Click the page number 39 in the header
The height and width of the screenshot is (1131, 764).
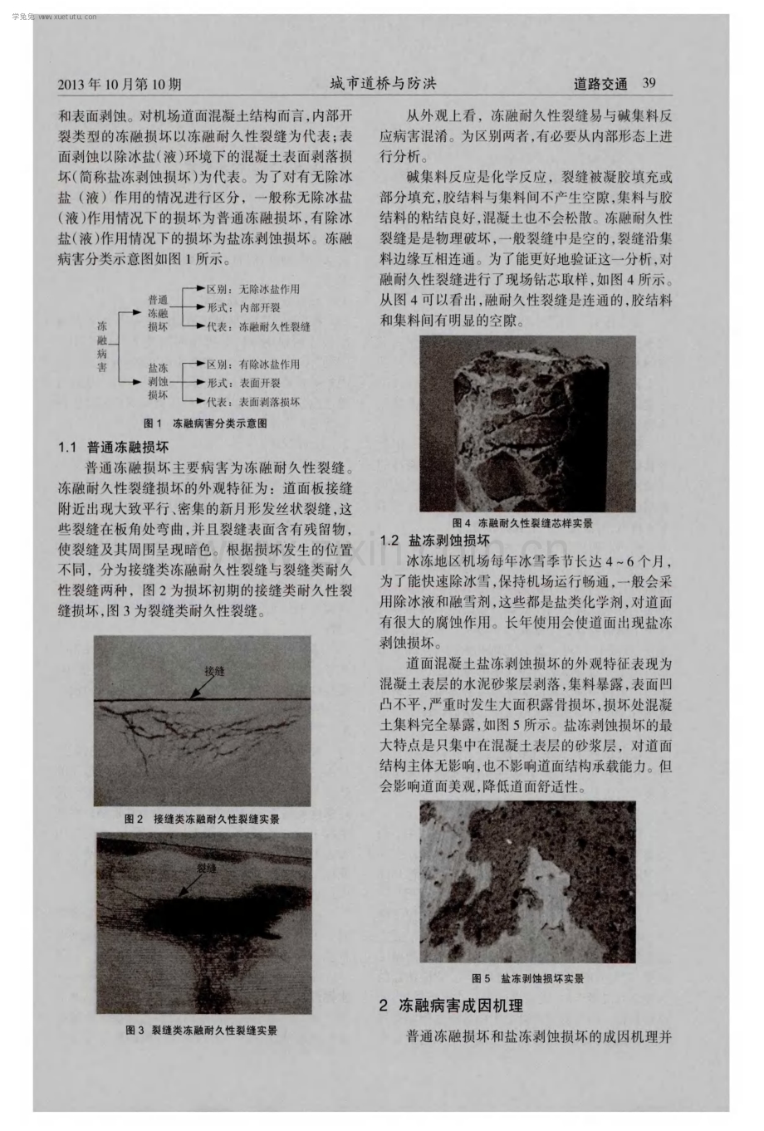pyautogui.click(x=649, y=83)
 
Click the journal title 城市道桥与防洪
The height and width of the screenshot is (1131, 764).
pyautogui.click(x=383, y=83)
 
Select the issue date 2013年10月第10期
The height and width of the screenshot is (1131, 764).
pyautogui.click(x=120, y=84)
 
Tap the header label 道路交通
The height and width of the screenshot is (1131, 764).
pyautogui.click(x=600, y=83)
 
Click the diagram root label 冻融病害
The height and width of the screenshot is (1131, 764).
pyautogui.click(x=102, y=346)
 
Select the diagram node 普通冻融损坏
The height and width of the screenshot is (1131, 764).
pyautogui.click(x=158, y=313)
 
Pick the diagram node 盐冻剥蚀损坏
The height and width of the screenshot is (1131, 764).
pyautogui.click(x=158, y=381)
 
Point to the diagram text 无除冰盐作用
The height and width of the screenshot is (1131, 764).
pyautogui.click(x=269, y=289)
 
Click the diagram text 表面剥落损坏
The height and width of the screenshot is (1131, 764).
pyautogui.click(x=269, y=402)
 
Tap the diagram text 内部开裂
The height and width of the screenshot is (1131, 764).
pyautogui.click(x=260, y=307)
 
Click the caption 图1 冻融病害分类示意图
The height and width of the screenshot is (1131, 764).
pyautogui.click(x=205, y=424)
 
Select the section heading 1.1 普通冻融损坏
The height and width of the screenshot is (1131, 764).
pyautogui.click(x=114, y=447)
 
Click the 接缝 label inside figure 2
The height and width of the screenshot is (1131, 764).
pyautogui.click(x=214, y=670)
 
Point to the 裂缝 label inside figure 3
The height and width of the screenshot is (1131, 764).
pyautogui.click(x=207, y=868)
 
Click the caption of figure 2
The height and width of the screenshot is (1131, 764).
pyautogui.click(x=202, y=819)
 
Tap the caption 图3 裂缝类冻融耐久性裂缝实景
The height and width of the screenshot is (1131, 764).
pyautogui.click(x=202, y=1030)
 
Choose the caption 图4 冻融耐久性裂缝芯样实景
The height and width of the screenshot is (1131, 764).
pyautogui.click(x=522, y=522)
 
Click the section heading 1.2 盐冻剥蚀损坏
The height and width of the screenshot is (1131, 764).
pyautogui.click(x=435, y=541)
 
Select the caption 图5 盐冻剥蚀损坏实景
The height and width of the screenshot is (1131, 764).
pyautogui.click(x=527, y=978)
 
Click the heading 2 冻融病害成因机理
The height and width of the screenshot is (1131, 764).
pyautogui.click(x=451, y=1006)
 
